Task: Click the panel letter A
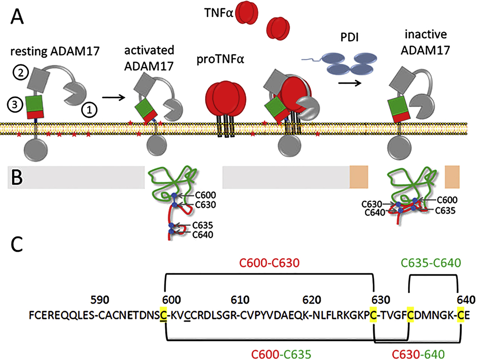17,17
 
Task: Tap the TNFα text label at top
218,13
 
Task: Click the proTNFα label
220,59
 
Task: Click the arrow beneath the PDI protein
350,83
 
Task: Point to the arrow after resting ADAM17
114,97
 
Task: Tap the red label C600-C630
269,263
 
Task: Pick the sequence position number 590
100,300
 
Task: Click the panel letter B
17,178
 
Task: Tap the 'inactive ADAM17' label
425,42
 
